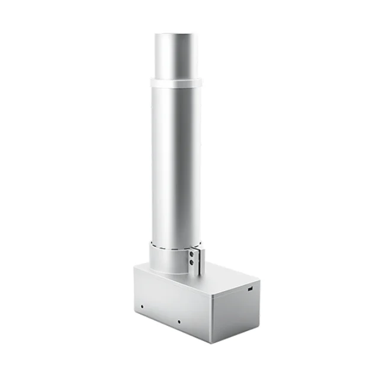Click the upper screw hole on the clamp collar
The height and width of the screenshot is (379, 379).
tap(192, 253)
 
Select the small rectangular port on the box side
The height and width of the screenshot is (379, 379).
tap(249, 289)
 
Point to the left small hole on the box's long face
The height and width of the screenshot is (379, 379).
tap(142, 306)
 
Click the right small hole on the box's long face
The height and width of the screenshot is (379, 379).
tap(179, 322)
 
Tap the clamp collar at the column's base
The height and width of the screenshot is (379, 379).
tap(172, 261)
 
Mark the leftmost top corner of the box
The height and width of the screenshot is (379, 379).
tap(134, 268)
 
